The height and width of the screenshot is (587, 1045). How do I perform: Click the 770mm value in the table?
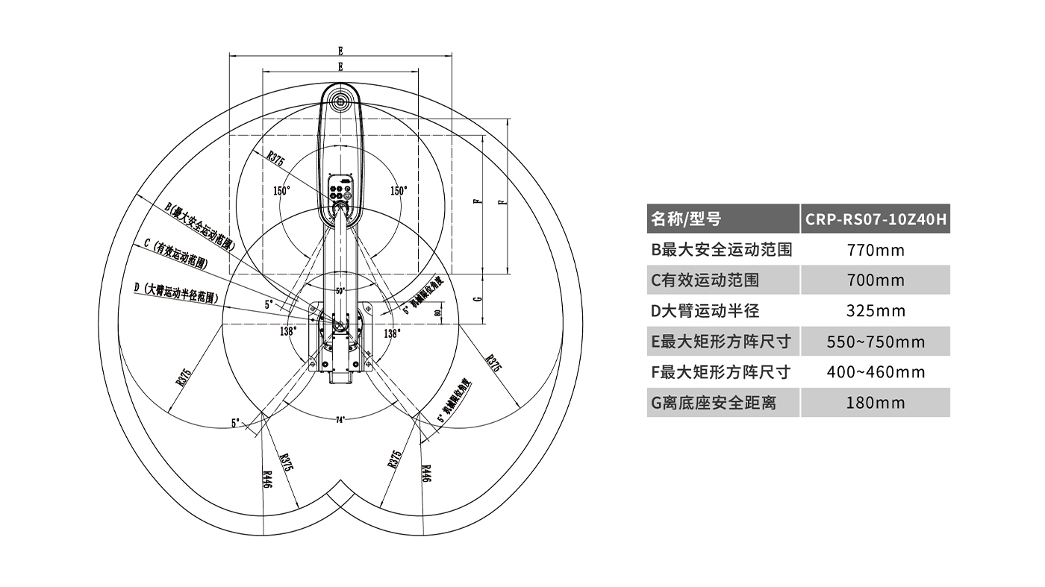(875, 250)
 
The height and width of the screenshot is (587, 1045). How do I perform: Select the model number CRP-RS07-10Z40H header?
(875, 219)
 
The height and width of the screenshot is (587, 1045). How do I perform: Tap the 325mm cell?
(875, 311)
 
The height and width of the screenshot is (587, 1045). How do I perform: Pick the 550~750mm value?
(875, 342)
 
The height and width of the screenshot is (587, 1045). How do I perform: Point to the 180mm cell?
(875, 403)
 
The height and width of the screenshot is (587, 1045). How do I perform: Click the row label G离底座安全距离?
(714, 403)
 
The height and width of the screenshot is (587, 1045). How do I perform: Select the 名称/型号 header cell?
(686, 219)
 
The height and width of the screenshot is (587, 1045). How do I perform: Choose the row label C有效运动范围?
(705, 280)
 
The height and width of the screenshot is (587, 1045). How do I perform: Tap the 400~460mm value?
(875, 372)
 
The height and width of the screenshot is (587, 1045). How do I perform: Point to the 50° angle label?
(340, 291)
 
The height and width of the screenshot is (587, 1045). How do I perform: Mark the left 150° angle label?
(281, 191)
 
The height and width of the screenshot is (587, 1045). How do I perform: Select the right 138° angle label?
(392, 334)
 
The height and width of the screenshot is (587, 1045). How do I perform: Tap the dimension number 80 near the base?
(436, 313)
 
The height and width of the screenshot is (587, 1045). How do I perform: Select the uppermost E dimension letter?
(340, 51)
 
